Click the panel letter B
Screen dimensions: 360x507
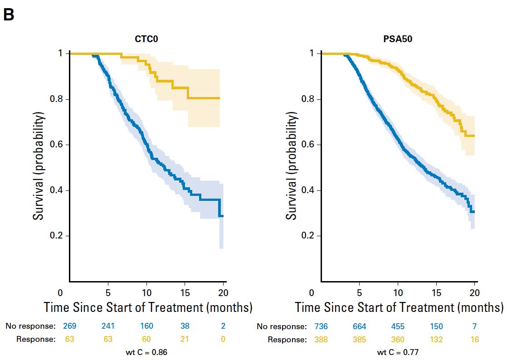pos(9,15)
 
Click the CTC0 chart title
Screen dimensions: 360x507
pos(146,39)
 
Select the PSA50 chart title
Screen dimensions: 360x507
pos(398,39)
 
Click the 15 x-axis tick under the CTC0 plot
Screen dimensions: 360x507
pos(185,292)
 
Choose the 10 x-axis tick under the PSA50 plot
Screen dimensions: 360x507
pos(398,292)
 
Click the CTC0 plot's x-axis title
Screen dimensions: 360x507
pos(148,307)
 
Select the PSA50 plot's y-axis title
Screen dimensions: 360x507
pos(292,167)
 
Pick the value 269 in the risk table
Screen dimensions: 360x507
pos(69,326)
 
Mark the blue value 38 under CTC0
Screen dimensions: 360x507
pos(185,326)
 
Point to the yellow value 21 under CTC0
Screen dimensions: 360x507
pos(185,339)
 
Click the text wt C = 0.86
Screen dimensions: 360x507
pos(146,352)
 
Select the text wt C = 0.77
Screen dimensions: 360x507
pos(398,352)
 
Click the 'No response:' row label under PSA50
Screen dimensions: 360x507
pos(282,326)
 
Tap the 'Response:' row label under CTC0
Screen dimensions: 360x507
pos(36,339)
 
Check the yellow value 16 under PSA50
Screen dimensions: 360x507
pos(474,339)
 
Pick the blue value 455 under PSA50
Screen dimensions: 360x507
pos(398,326)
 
